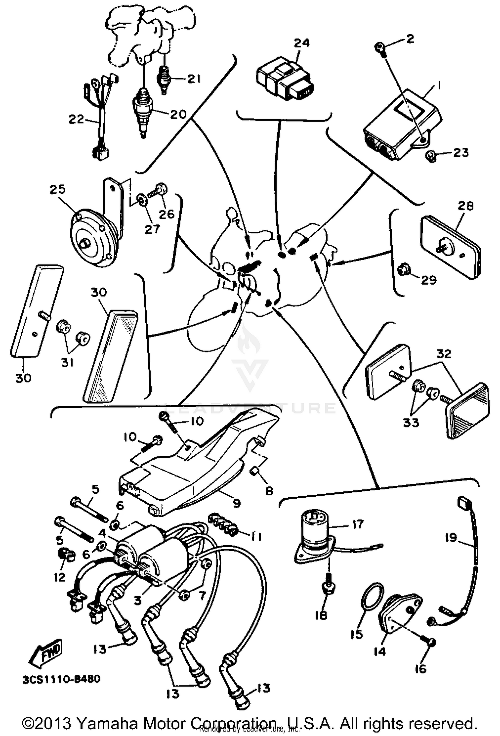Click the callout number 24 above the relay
coord(302,43)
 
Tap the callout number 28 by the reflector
coord(465,206)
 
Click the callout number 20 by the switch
coord(178,114)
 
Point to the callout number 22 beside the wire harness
coord(76,119)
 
